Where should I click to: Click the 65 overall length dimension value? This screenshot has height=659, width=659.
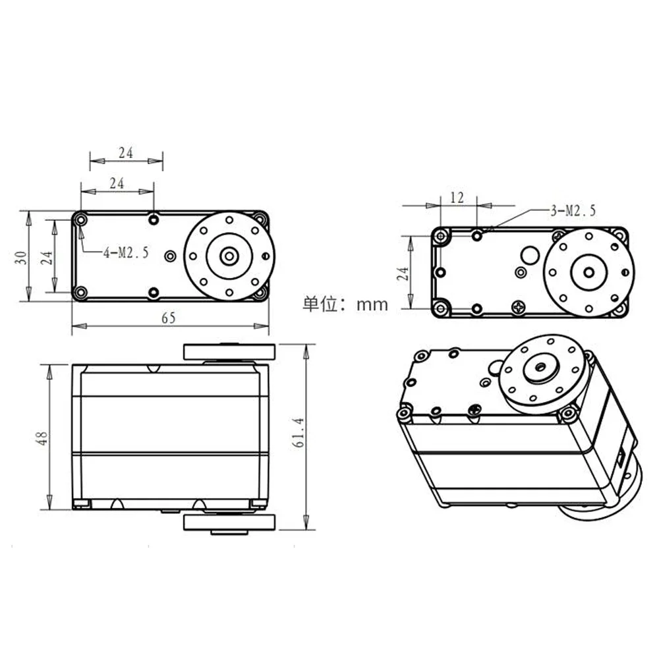point(168,318)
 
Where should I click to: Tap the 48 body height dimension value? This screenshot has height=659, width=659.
point(41,438)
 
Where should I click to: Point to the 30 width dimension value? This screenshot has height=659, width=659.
point(21,256)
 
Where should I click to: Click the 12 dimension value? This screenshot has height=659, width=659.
point(457,197)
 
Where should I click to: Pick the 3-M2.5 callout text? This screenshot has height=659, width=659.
point(573,211)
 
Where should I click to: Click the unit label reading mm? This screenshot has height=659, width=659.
point(372,304)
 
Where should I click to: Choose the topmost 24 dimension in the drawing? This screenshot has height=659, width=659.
point(126,152)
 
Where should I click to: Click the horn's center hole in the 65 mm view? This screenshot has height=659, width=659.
point(229,255)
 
